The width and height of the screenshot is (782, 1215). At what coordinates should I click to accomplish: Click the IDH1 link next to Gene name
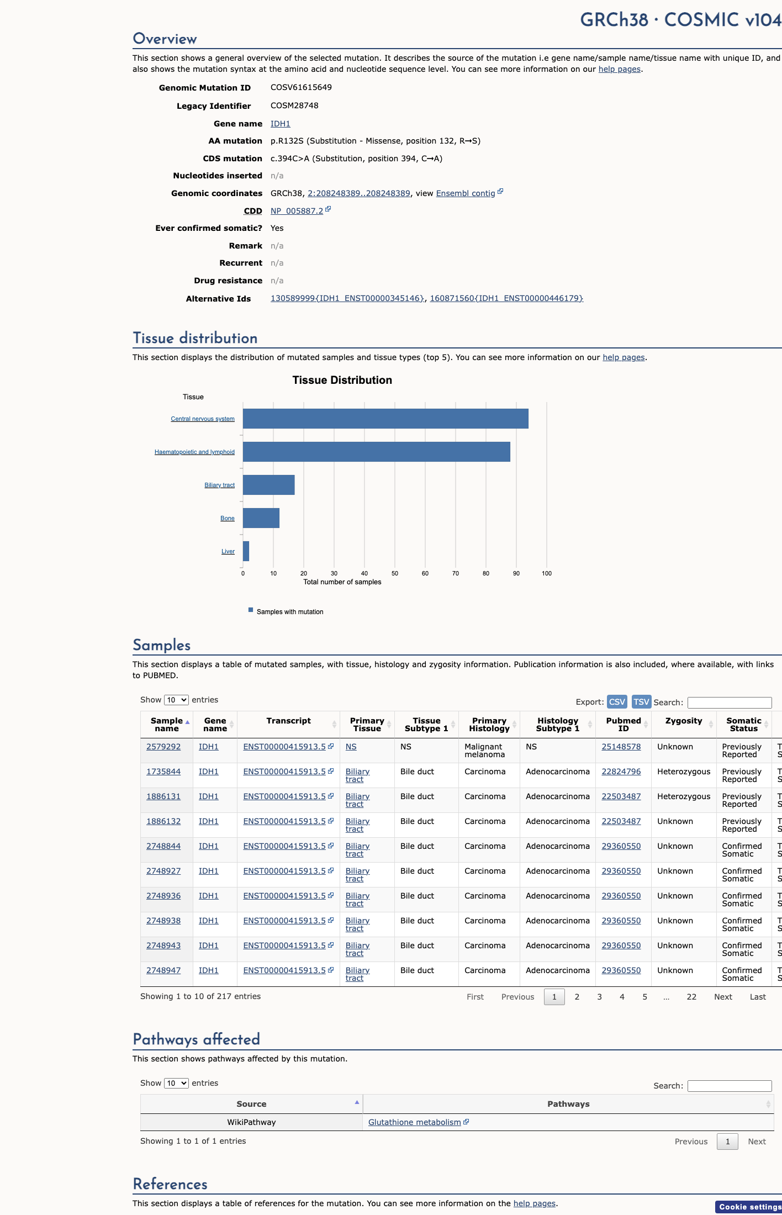pyautogui.click(x=280, y=124)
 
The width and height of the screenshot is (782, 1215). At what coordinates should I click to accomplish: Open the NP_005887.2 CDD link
pyautogui.click(x=297, y=211)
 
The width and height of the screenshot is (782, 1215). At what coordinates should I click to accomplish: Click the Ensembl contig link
pyautogui.click(x=466, y=193)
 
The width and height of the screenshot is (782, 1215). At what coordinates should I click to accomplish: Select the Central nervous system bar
pyautogui.click(x=385, y=419)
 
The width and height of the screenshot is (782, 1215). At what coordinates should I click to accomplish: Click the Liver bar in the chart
pyautogui.click(x=246, y=551)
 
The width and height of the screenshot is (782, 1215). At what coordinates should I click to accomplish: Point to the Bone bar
pyautogui.click(x=261, y=518)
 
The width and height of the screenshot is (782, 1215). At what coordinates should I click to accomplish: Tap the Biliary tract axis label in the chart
pyautogui.click(x=220, y=485)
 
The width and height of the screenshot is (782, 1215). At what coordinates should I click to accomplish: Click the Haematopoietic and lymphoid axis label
pyautogui.click(x=194, y=452)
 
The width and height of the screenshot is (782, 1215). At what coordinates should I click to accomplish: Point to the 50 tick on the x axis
pyautogui.click(x=395, y=573)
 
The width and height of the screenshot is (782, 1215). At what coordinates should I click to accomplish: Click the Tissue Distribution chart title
pyautogui.click(x=342, y=380)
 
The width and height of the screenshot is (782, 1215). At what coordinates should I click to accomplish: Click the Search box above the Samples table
pyautogui.click(x=730, y=702)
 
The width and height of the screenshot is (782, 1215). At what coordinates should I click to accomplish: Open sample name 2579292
pyautogui.click(x=163, y=747)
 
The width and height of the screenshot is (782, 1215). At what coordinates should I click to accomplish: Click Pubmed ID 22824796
pyautogui.click(x=621, y=772)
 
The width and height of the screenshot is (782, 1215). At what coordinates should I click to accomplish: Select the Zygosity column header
pyautogui.click(x=684, y=721)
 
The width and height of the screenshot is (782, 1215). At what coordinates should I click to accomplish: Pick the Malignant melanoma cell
pyautogui.click(x=483, y=751)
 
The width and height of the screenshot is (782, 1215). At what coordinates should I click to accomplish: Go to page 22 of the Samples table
pyautogui.click(x=691, y=997)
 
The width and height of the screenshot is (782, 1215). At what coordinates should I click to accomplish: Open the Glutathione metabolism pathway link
pyautogui.click(x=415, y=1122)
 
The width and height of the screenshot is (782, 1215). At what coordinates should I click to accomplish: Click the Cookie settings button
pyautogui.click(x=749, y=1207)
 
